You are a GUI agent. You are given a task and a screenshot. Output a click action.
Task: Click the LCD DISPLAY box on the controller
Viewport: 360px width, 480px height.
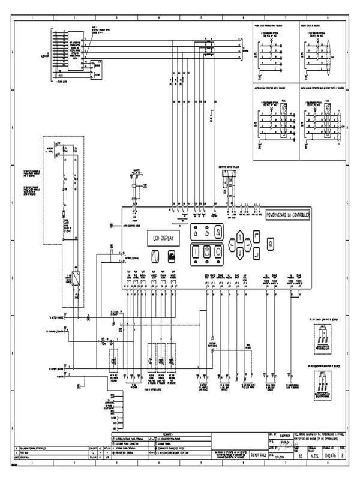pyautogui.click(x=161, y=238)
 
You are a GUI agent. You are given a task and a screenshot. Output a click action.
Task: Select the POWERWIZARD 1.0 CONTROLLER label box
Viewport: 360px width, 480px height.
pyautogui.click(x=287, y=214)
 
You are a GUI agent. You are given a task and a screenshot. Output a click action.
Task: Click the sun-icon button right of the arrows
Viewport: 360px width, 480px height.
pyautogui.click(x=269, y=244)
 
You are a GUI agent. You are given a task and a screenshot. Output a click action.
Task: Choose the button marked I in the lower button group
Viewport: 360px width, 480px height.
pyautogui.click(x=196, y=252)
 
